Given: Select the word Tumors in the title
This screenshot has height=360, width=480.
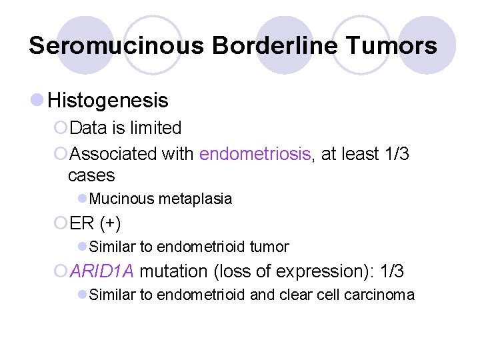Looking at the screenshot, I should tap(393, 46).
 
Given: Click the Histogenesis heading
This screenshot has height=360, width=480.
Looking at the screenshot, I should tap(108, 101).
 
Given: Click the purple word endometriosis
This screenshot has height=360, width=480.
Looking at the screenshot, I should tap(255, 155).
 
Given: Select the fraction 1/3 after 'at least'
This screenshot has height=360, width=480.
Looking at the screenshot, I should tap(397, 155).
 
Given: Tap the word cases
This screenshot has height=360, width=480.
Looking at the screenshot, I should tap(91, 176).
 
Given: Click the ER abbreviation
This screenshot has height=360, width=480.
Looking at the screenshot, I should tap(83, 223).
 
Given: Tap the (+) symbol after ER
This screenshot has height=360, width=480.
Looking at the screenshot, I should tap(109, 223).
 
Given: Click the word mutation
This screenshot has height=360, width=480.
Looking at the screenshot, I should tap(172, 271).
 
